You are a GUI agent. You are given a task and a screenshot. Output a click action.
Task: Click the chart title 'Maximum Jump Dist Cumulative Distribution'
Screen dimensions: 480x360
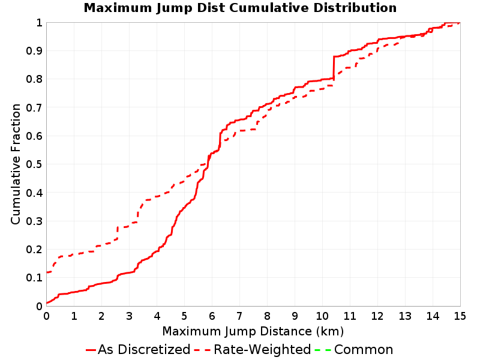240,8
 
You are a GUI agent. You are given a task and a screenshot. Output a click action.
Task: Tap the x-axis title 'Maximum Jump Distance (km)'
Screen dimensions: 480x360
253,331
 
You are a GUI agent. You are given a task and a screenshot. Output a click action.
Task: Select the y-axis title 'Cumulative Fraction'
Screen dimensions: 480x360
16,164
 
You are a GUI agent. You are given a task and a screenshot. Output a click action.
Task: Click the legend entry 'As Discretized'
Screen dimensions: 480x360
144,349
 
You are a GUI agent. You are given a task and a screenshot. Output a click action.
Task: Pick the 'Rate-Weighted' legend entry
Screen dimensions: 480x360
262,349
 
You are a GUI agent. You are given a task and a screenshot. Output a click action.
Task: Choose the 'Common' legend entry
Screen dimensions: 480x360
364,349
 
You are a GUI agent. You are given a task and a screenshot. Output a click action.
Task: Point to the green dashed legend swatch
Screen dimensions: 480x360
323,350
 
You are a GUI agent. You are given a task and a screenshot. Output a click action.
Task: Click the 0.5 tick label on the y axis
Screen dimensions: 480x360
34,164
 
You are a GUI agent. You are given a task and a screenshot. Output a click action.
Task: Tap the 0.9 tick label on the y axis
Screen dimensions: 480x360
34,50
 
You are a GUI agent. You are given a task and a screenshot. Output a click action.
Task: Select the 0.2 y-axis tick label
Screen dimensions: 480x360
34,249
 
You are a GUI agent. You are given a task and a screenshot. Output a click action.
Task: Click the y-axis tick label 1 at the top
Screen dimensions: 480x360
39,22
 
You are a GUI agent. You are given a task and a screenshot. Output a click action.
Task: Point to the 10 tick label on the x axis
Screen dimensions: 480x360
322,316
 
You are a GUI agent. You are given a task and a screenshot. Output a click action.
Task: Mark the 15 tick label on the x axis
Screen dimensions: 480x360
460,316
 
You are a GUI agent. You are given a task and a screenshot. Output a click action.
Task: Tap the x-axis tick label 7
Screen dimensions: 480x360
239,316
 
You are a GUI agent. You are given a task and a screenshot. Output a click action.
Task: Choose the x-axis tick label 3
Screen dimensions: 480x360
129,316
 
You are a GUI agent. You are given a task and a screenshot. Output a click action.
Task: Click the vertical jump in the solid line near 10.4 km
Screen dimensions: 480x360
334,68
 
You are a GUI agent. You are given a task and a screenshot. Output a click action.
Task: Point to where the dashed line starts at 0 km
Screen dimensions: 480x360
47,272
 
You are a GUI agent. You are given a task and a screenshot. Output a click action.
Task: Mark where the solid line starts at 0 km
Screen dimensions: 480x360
47,303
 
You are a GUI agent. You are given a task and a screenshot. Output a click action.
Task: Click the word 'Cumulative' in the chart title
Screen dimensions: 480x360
269,8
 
